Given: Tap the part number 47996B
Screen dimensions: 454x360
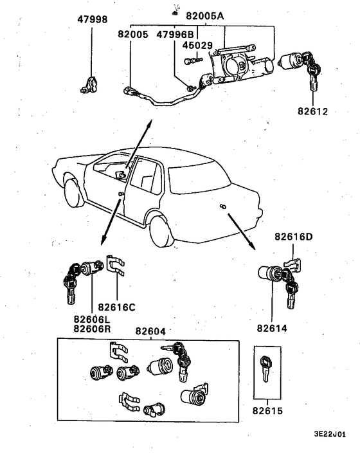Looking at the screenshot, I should (175, 37).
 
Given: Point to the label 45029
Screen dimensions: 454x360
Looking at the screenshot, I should (197, 46).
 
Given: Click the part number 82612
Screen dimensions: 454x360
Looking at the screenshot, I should (313, 111).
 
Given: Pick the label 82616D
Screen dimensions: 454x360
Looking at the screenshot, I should (294, 236).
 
